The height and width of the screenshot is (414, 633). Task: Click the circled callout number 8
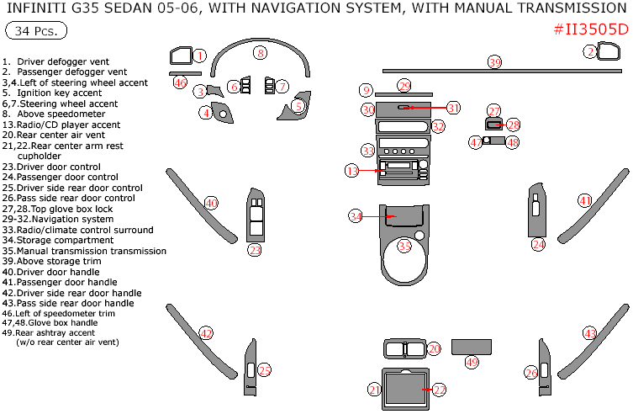[261, 53]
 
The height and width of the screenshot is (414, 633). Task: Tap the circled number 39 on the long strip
[495, 62]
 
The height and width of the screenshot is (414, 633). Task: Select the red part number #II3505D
[591, 29]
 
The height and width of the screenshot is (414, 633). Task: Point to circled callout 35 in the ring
[405, 246]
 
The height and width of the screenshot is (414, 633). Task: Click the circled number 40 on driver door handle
[211, 203]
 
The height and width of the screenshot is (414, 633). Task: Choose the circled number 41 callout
[584, 200]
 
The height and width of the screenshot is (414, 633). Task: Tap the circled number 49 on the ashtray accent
[472, 362]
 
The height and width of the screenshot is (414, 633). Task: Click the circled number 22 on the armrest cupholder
[439, 390]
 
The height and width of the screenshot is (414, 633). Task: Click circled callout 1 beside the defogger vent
[199, 56]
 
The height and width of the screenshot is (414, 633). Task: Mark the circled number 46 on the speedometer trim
[179, 82]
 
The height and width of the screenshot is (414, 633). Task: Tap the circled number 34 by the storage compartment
[356, 216]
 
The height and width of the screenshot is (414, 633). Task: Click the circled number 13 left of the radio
[352, 171]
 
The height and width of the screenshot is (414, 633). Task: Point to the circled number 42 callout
[206, 332]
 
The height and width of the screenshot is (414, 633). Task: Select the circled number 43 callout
[590, 333]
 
